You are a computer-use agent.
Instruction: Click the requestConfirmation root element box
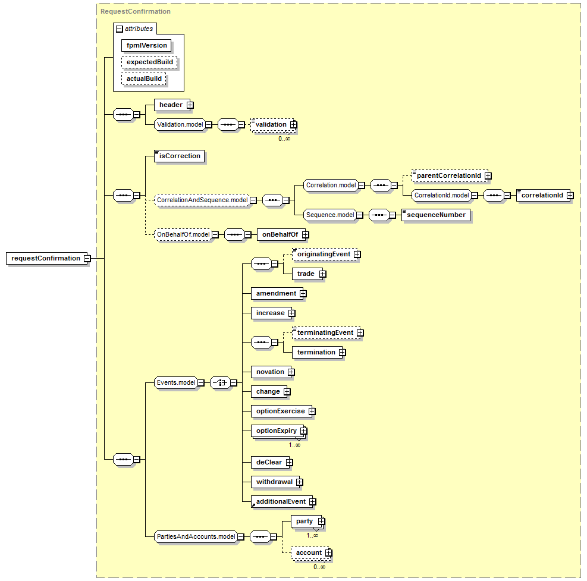coord(47,258)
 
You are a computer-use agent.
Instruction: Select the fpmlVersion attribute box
coord(146,45)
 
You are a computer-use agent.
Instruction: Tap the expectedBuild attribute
coord(149,62)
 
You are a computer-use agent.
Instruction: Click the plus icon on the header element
coord(190,105)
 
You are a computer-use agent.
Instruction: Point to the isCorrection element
coord(180,156)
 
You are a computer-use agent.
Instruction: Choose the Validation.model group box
coord(180,125)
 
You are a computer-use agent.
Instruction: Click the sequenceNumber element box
coord(436,215)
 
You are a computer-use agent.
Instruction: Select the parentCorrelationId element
coord(449,175)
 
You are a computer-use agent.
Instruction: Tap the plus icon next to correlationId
coord(570,196)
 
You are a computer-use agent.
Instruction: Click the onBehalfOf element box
coord(281,235)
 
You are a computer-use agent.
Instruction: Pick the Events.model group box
coord(176,382)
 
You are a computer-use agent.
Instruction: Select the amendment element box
coord(277,294)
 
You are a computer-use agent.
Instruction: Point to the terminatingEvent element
coord(325,333)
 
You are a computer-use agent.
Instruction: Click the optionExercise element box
coord(281,411)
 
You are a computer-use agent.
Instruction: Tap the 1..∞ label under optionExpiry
coord(294,445)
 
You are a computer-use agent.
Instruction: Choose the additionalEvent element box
coord(282,502)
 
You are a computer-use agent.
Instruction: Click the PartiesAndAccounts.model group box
coord(196,536)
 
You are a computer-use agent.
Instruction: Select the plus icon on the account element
coord(329,553)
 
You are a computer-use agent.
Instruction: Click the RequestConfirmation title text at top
coord(136,12)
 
